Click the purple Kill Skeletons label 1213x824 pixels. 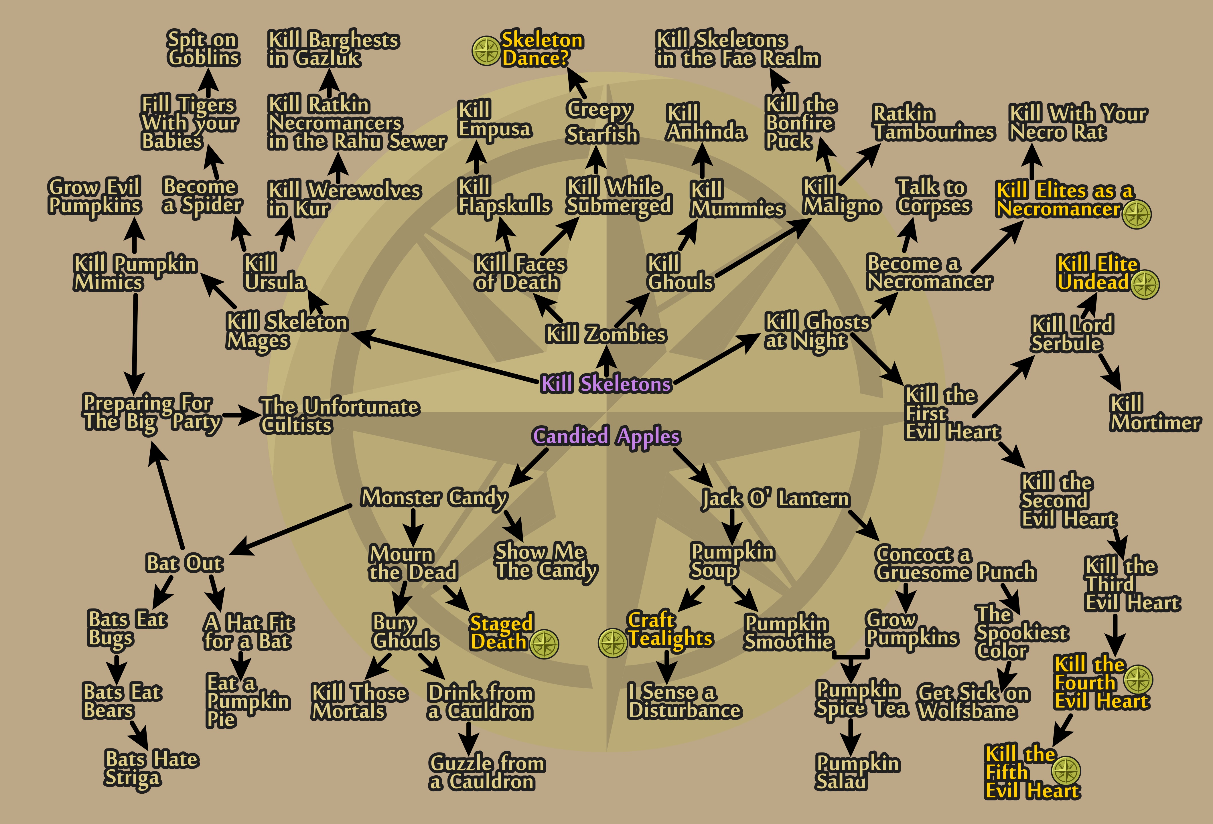click(x=605, y=384)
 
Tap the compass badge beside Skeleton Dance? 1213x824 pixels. click(x=486, y=51)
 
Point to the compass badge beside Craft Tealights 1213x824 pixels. click(x=612, y=643)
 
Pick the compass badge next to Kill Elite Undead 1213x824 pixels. click(x=1145, y=284)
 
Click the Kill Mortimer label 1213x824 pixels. click(x=1155, y=413)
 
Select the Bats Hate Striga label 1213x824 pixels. click(x=151, y=768)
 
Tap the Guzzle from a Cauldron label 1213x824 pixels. click(x=486, y=772)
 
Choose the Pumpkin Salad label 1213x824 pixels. click(x=857, y=772)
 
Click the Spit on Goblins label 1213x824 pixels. click(x=203, y=49)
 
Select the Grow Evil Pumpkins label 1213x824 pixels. click(x=94, y=196)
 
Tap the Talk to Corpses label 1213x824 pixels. click(x=933, y=197)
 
